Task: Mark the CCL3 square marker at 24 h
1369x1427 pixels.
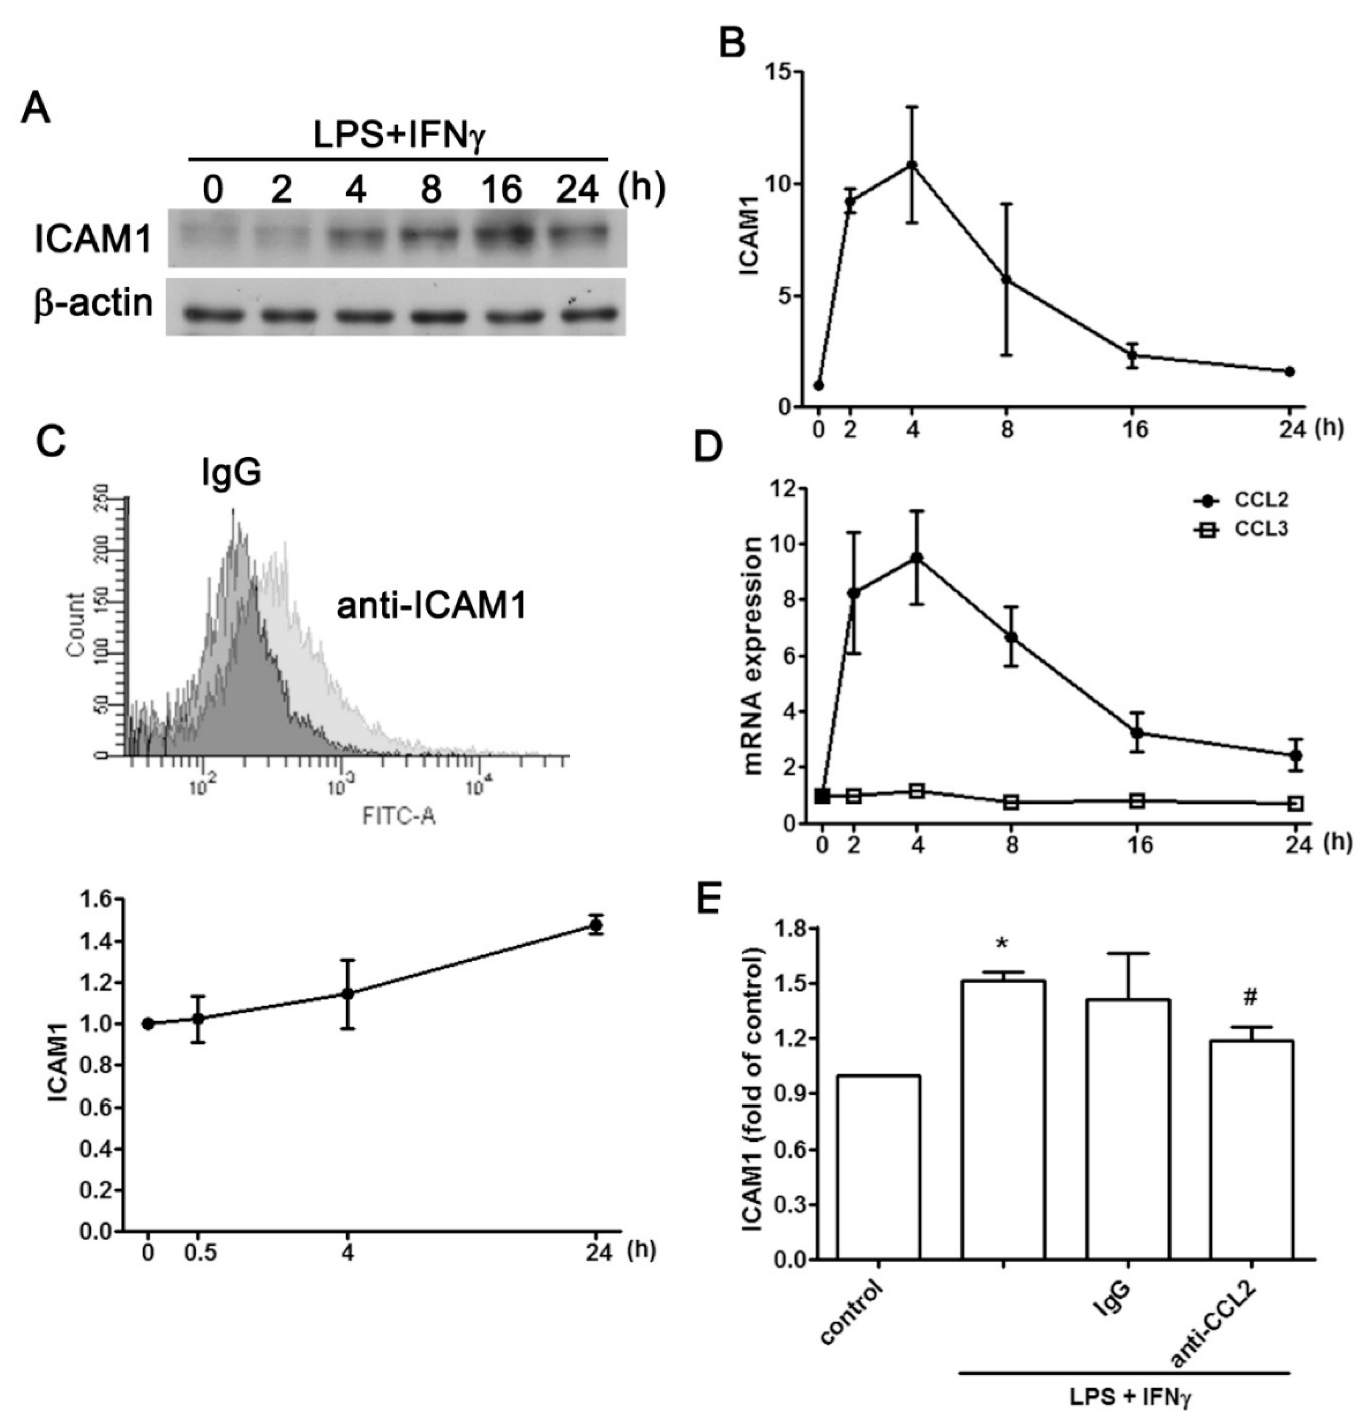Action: pyautogui.click(x=1296, y=804)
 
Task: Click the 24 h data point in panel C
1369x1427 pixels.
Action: pyautogui.click(x=597, y=926)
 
